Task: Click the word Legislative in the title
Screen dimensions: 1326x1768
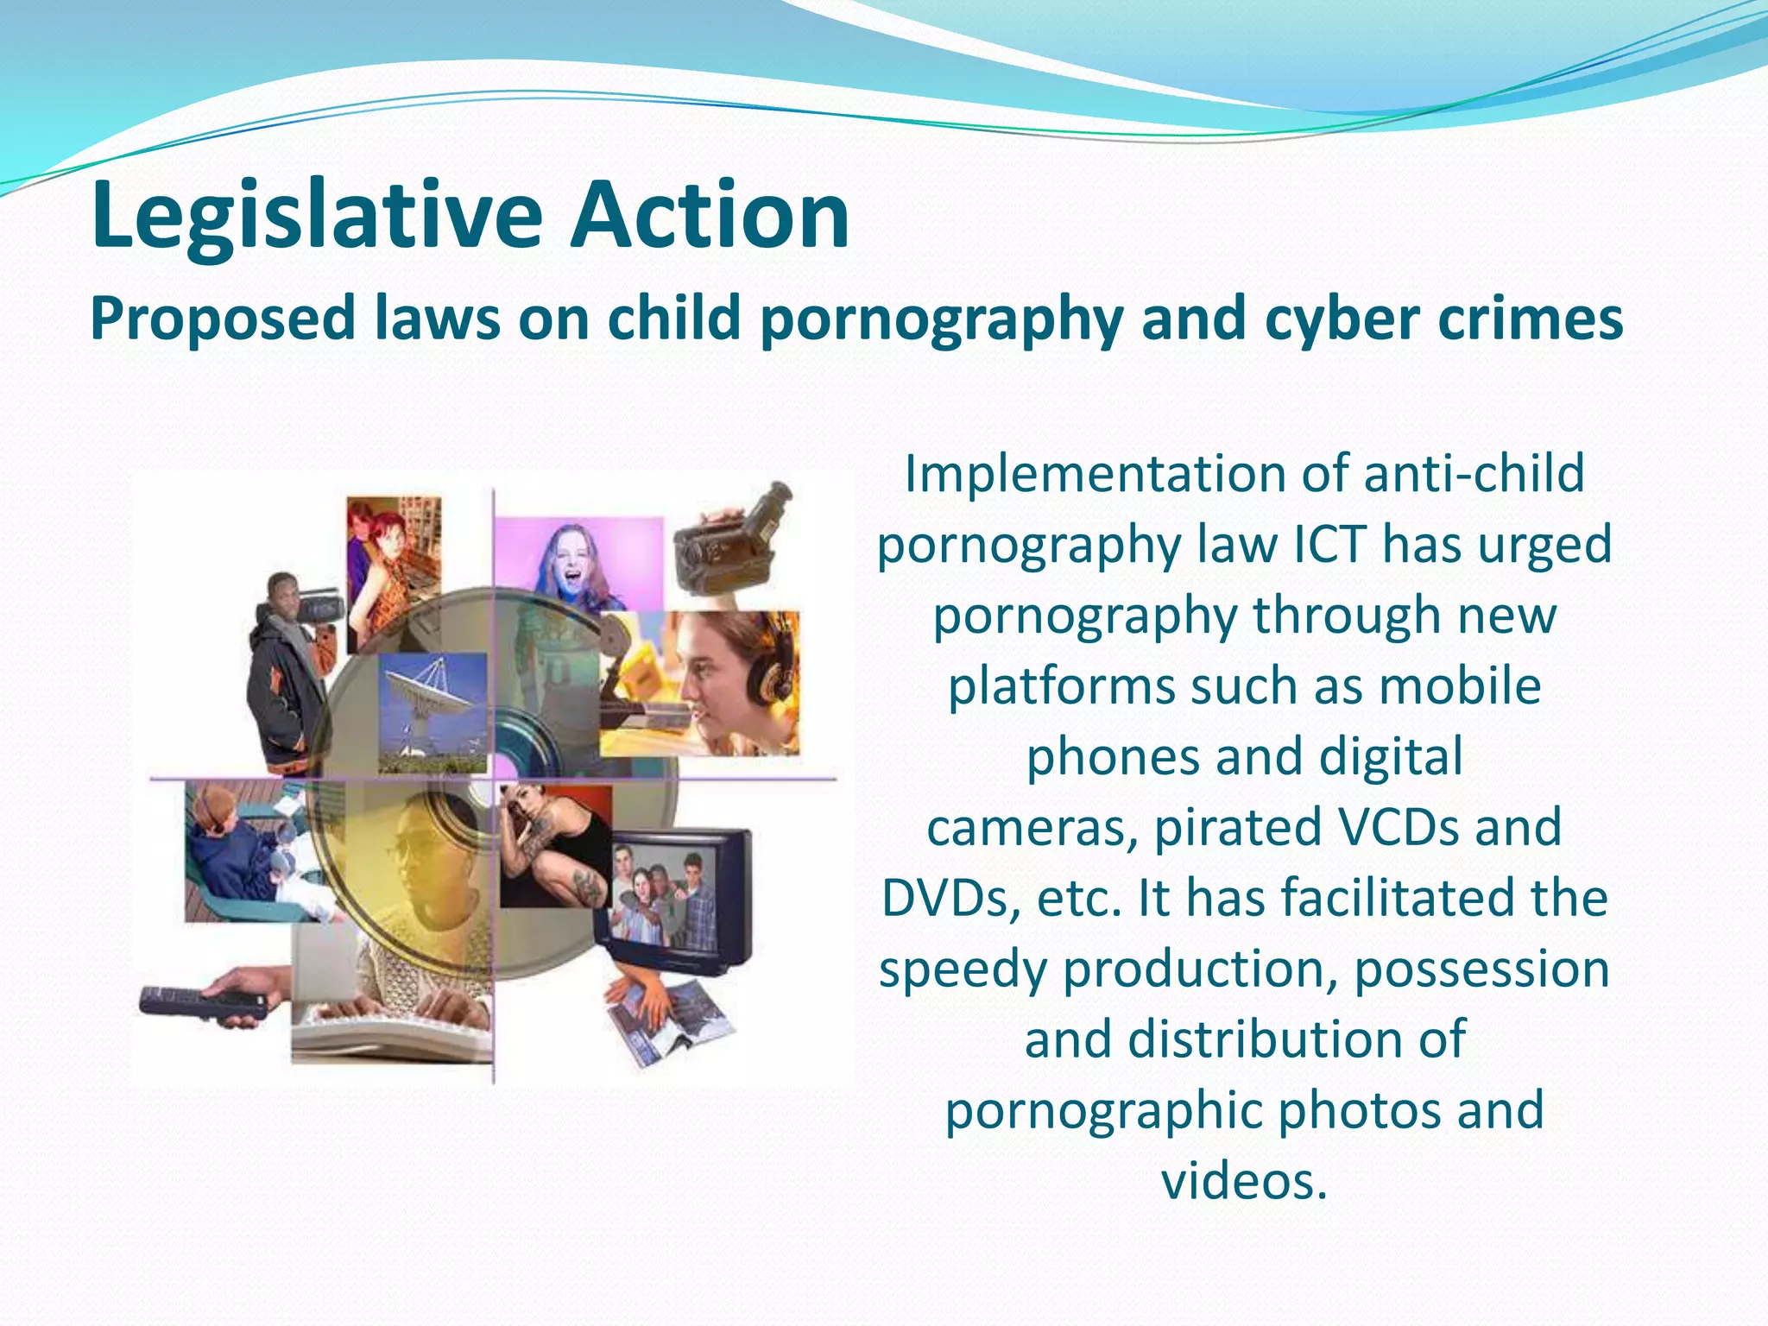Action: click(x=317, y=216)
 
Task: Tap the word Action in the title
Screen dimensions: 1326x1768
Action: click(x=710, y=216)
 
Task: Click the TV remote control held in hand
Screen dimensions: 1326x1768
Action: click(x=203, y=1003)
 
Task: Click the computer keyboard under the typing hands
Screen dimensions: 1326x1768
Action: click(x=393, y=1036)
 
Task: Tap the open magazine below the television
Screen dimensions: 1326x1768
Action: click(x=669, y=1023)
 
